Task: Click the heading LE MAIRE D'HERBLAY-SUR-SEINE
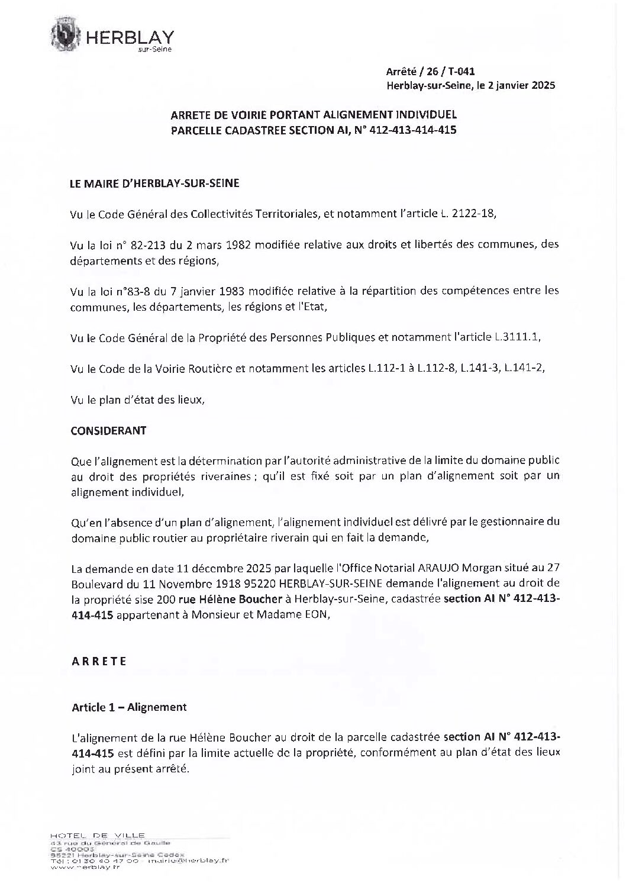point(154,183)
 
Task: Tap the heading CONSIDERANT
point(108,430)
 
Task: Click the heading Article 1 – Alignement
point(129,707)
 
